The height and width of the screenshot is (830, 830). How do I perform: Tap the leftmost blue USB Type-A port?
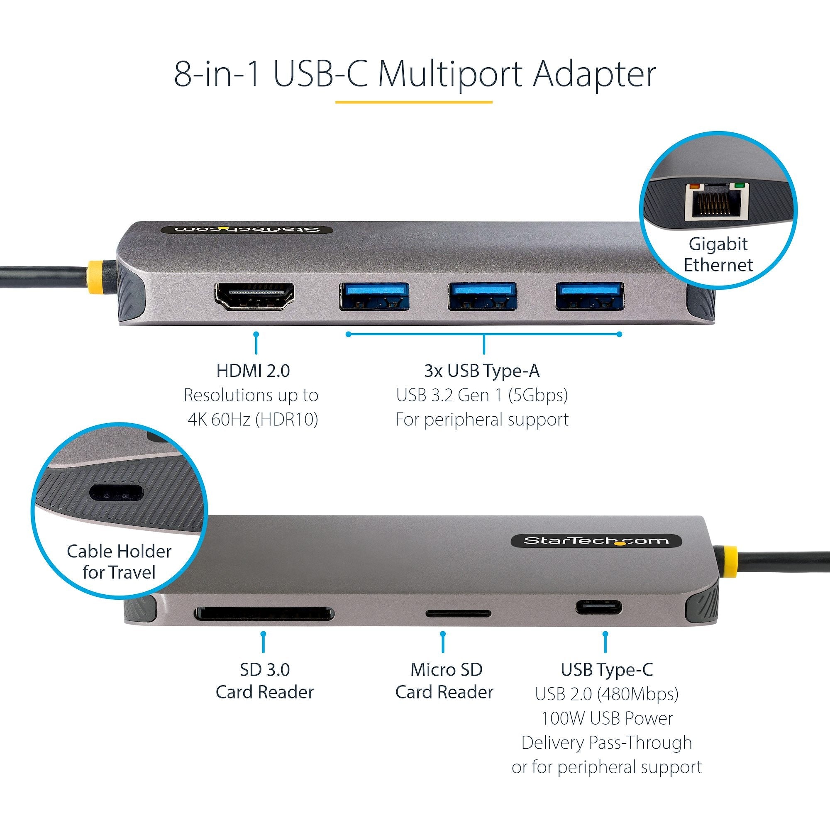click(x=374, y=296)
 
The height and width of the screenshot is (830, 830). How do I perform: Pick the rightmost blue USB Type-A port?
click(x=590, y=296)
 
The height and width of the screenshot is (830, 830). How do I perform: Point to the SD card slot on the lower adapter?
click(x=264, y=613)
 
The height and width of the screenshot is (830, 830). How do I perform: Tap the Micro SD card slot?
click(x=459, y=613)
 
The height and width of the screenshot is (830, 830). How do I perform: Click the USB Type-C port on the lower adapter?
click(x=598, y=608)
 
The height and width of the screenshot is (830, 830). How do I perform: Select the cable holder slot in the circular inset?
click(x=116, y=492)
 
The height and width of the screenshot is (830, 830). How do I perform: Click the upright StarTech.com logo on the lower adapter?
click(x=596, y=540)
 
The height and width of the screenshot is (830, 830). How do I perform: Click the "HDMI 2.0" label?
click(x=253, y=371)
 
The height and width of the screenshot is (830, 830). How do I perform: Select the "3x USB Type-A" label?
click(x=481, y=371)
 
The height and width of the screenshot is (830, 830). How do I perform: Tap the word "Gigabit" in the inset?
click(x=718, y=244)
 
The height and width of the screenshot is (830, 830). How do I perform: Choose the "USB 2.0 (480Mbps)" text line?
click(x=607, y=694)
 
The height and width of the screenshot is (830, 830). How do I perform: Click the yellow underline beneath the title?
click(x=413, y=102)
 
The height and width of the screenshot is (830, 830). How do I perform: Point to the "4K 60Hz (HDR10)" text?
click(x=253, y=419)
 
